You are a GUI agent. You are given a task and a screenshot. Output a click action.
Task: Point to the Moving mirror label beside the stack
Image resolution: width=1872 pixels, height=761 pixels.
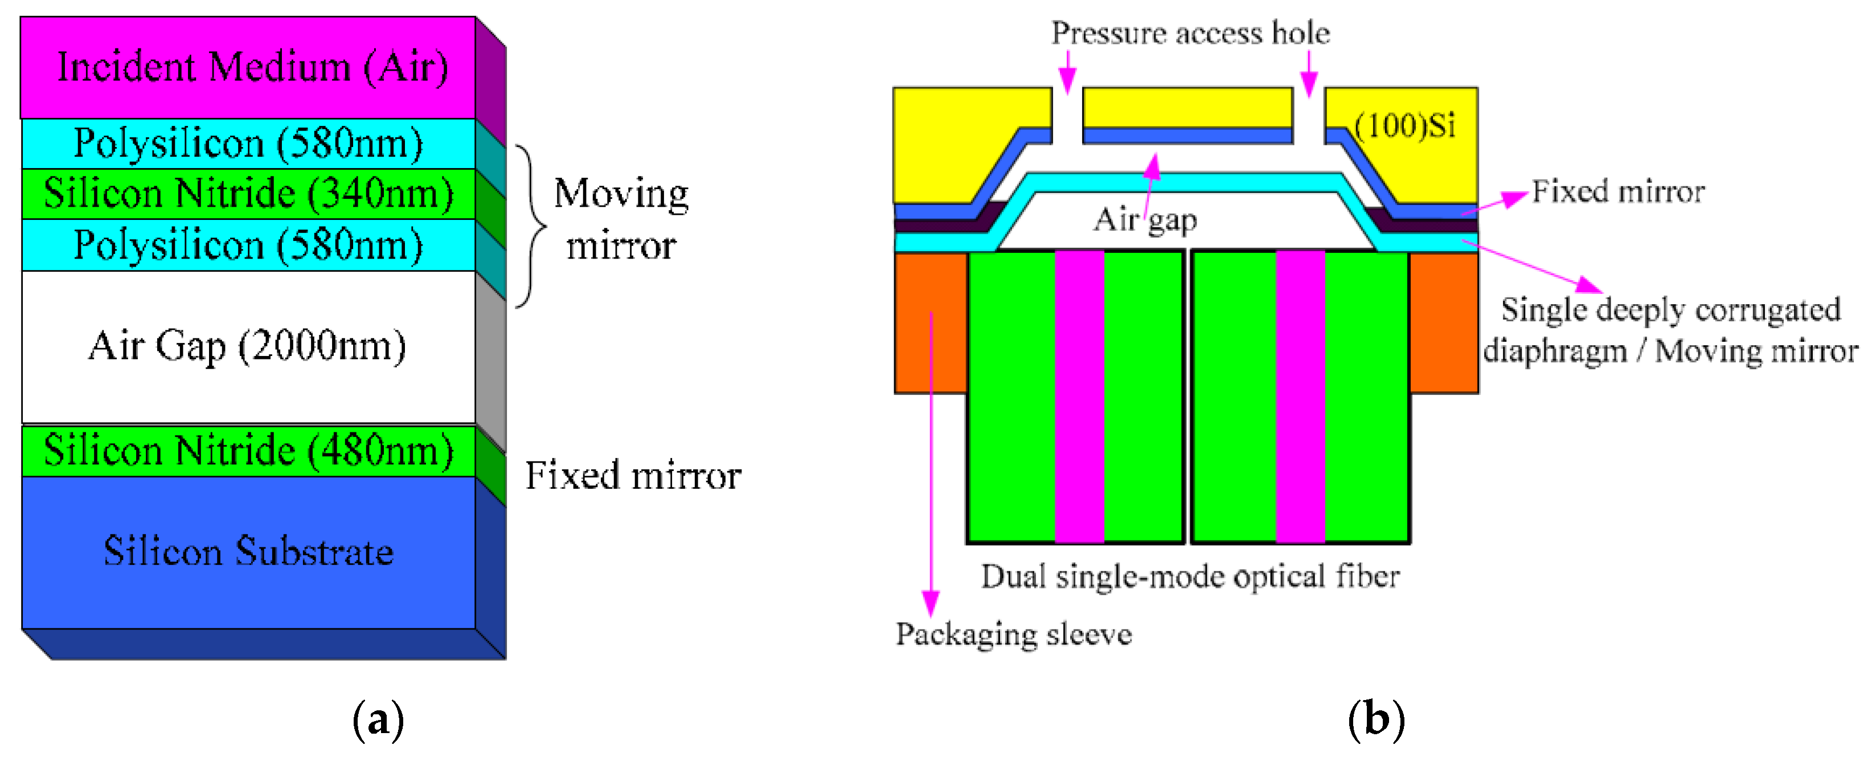(621, 219)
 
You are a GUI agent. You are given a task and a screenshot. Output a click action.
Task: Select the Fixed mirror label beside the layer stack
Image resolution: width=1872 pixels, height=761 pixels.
(633, 476)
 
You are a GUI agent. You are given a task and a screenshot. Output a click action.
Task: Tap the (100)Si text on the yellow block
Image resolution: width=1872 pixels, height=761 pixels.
(1405, 126)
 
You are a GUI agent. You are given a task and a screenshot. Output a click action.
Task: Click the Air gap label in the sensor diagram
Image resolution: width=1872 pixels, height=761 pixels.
(1145, 219)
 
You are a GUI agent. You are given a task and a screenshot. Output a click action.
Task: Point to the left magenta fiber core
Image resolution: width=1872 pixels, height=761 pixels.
(1079, 396)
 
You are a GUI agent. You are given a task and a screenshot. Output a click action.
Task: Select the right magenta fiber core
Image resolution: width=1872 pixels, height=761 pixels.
(1300, 396)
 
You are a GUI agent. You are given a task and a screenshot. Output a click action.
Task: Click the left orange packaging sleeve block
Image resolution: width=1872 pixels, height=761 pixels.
(930, 323)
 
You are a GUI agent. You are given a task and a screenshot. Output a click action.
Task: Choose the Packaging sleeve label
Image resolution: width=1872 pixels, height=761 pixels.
(1014, 635)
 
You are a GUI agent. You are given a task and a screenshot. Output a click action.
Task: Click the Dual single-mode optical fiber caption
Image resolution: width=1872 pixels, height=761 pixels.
(1190, 577)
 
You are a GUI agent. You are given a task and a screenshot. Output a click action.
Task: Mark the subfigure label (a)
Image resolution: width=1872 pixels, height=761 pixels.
(378, 719)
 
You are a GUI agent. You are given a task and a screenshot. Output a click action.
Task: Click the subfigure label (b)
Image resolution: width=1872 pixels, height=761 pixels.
(1375, 719)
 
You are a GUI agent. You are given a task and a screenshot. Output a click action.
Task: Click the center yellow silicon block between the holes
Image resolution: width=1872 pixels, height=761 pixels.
(1187, 107)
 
